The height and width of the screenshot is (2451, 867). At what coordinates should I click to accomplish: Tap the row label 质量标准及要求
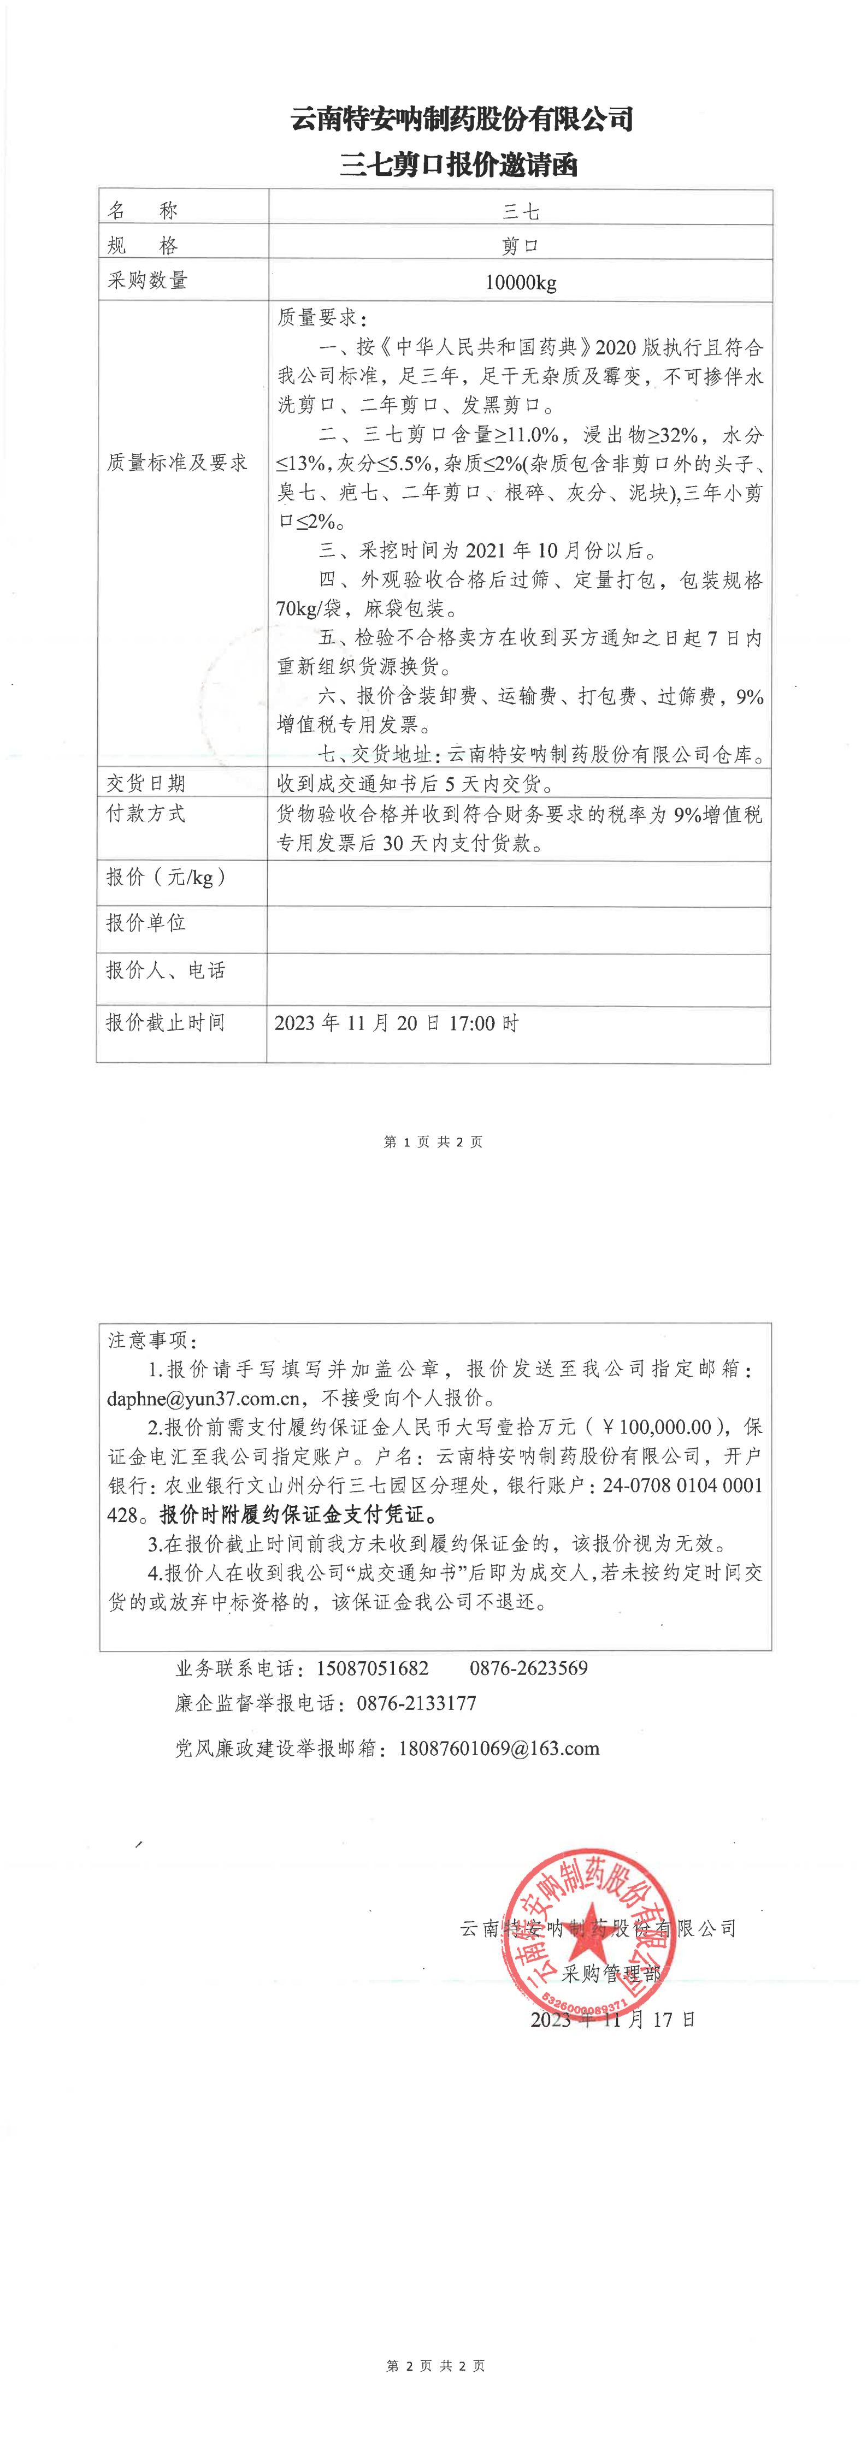177,463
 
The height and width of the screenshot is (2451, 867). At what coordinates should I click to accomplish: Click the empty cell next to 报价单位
518,930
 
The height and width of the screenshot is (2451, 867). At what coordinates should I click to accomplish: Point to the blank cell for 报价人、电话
518,979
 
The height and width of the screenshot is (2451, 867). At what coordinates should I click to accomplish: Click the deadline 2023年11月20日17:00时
396,1023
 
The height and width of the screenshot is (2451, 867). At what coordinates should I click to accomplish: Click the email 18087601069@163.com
499,1748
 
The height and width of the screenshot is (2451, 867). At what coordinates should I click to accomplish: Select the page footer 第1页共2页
433,1142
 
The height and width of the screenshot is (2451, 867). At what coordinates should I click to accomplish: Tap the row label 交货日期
146,783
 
